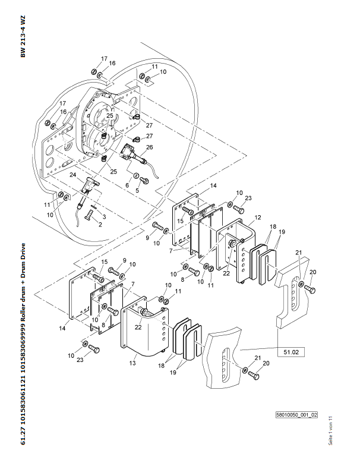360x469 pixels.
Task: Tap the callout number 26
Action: (150, 147)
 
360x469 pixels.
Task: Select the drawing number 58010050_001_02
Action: (297, 416)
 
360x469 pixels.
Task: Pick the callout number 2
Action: (100, 224)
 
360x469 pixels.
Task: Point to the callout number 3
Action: (104, 217)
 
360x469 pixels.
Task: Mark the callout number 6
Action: (127, 185)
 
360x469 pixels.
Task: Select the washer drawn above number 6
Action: (136, 177)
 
